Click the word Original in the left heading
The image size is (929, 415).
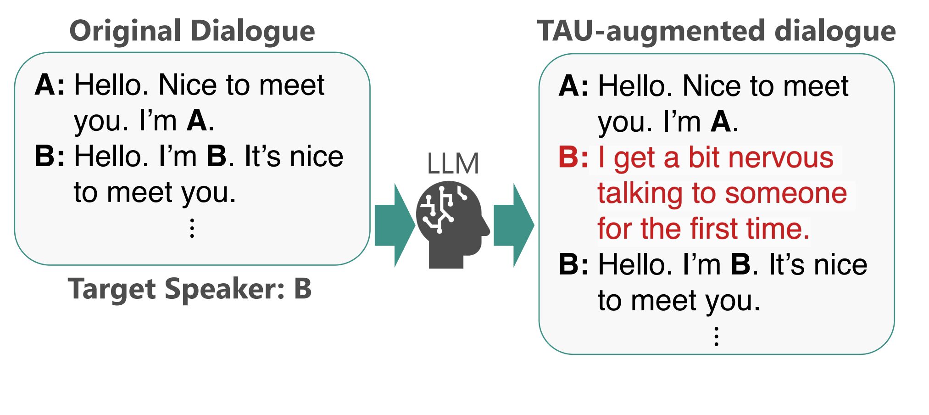pyautogui.click(x=125, y=31)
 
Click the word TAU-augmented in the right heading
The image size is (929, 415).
pyautogui.click(x=651, y=31)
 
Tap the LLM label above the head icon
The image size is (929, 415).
pyautogui.click(x=453, y=164)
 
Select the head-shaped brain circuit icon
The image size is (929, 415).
pyautogui.click(x=452, y=223)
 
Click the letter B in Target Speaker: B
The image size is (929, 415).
pyautogui.click(x=303, y=289)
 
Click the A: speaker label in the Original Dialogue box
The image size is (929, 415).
pyautogui.click(x=50, y=85)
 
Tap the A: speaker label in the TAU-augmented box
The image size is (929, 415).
pyautogui.click(x=573, y=86)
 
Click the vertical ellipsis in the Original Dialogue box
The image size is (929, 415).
pyautogui.click(x=192, y=228)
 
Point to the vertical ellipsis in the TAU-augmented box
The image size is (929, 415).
pyautogui.click(x=716, y=336)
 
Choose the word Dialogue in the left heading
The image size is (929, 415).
pyautogui.click(x=252, y=31)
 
